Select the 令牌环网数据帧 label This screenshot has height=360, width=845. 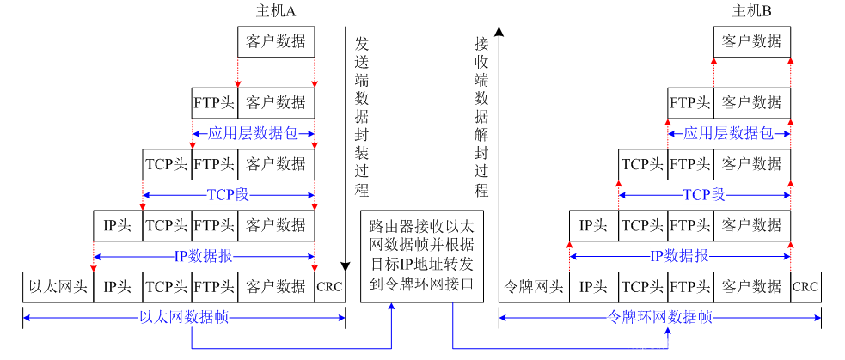point(660,318)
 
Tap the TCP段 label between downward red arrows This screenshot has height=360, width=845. point(228,195)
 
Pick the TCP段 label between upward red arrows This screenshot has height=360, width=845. point(704,196)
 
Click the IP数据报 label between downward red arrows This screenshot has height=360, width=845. point(204,256)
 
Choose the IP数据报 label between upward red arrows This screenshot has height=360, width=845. point(679,256)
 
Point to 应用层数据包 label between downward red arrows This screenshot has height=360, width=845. point(253,134)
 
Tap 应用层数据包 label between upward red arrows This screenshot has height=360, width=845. point(728,134)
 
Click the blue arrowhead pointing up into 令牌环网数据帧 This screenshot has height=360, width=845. point(667,333)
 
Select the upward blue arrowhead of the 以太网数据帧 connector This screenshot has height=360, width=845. point(391,307)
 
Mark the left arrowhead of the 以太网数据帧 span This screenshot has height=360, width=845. point(27,318)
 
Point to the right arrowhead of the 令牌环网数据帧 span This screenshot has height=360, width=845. point(817,318)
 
